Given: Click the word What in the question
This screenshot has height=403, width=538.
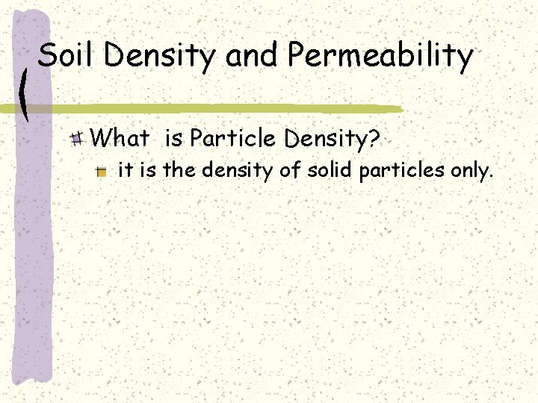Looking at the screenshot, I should pos(120,137).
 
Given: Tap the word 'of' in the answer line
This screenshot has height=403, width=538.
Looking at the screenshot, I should pos(290,172).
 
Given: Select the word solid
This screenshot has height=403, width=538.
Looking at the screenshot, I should pos(330,172).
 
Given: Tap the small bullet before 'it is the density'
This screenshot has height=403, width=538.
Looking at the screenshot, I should pos(102,172).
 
